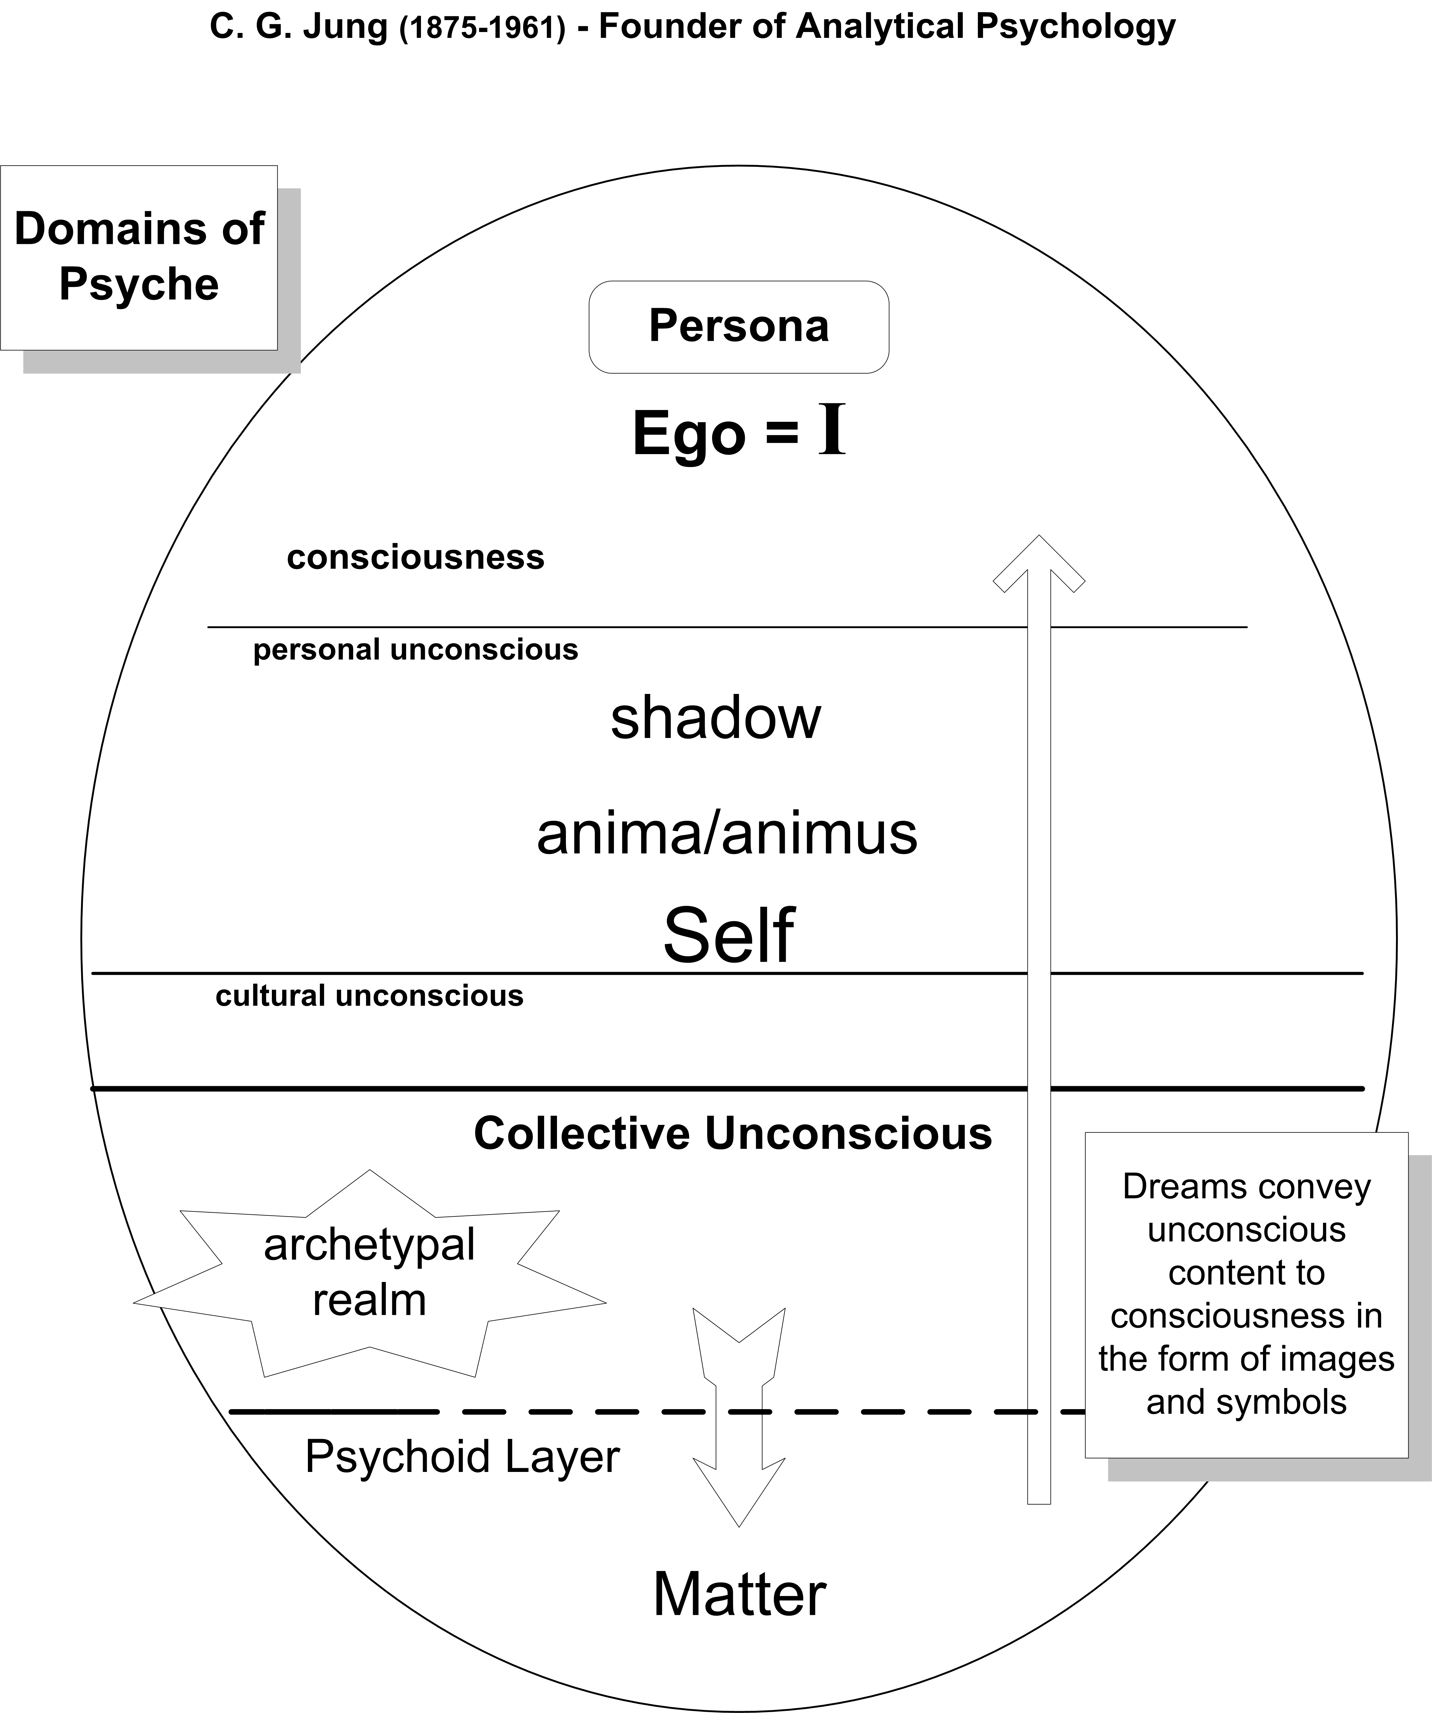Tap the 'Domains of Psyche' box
(139, 258)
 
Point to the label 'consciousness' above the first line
(415, 558)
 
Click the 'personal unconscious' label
(415, 650)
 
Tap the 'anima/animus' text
(727, 834)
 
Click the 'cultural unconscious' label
(370, 996)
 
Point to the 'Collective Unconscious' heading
(733, 1134)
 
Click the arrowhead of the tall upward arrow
(1039, 563)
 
